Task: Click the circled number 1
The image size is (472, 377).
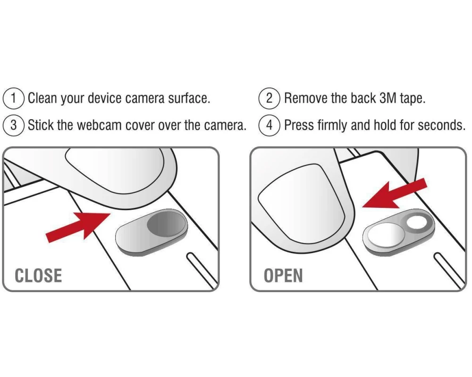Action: (13, 98)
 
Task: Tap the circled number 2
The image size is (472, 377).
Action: (269, 98)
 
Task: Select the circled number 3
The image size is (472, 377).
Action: (13, 125)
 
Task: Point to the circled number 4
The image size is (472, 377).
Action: (269, 125)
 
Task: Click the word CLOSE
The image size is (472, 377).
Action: (38, 275)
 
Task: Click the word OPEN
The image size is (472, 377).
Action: (283, 275)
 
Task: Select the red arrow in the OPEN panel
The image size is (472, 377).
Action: (395, 193)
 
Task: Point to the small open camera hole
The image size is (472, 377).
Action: (416, 223)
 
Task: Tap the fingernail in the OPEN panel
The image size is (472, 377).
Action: (302, 201)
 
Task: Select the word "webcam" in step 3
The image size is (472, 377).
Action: (99, 125)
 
